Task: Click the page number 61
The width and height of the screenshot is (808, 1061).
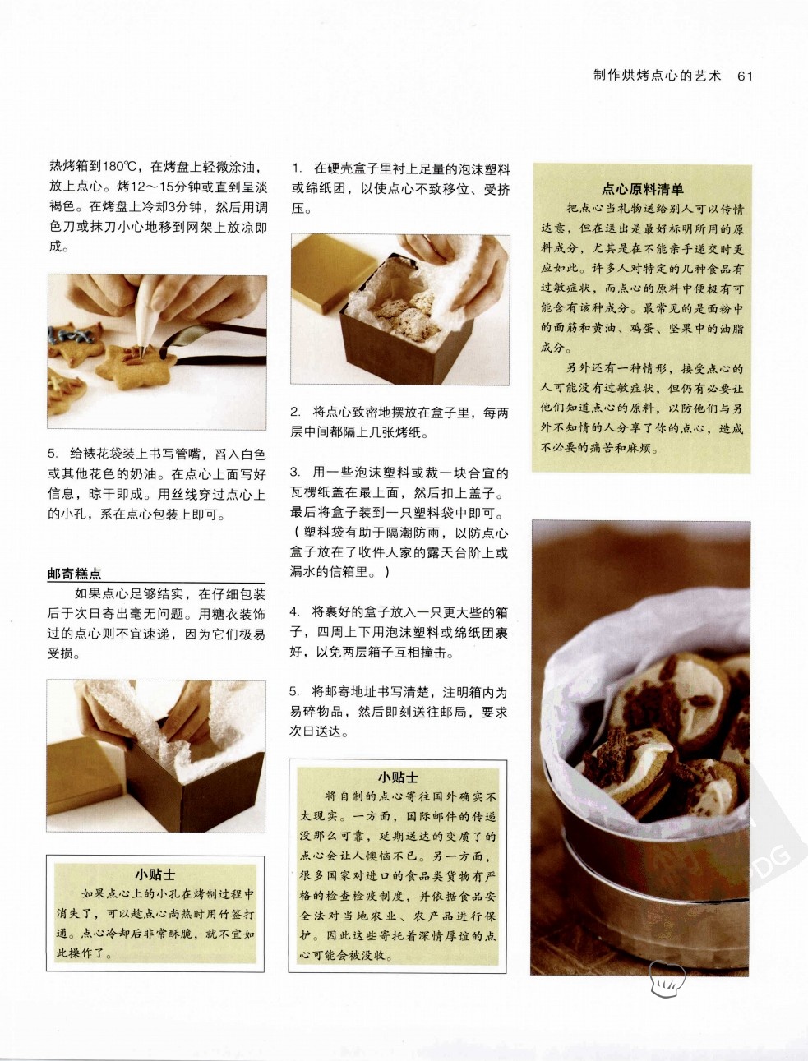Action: (x=746, y=76)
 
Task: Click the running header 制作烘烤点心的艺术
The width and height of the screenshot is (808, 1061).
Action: (x=658, y=76)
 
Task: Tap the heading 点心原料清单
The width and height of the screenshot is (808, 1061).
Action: (x=642, y=188)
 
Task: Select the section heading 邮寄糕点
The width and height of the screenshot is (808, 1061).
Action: (x=75, y=574)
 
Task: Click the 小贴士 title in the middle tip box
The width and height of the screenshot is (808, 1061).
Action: (x=398, y=777)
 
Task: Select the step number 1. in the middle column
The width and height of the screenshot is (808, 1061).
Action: (x=297, y=168)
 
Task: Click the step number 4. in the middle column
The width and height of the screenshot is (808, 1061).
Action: (x=295, y=612)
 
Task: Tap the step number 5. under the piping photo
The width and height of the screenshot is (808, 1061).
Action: (x=53, y=454)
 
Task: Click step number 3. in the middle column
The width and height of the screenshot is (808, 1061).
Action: (x=295, y=472)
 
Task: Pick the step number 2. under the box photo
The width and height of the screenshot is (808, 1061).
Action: (x=295, y=412)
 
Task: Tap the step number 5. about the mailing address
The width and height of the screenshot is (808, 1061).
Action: (x=295, y=692)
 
